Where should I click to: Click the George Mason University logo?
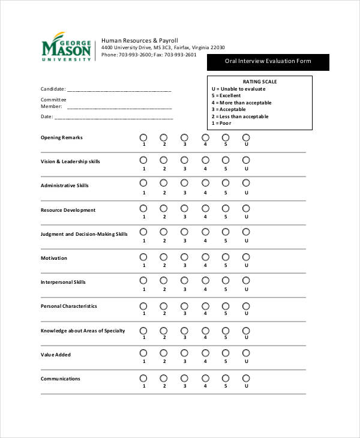tap(67, 47)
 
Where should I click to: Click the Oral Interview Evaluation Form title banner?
tap(268, 62)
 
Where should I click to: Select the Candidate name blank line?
tap(119, 90)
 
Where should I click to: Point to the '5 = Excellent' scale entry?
tap(226, 96)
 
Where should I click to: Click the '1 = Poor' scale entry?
tap(221, 124)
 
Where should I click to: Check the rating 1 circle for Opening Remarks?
tap(143, 137)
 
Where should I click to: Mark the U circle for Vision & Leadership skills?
tap(245, 160)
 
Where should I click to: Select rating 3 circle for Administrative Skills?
tap(184, 184)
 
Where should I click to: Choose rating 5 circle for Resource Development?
tap(226, 209)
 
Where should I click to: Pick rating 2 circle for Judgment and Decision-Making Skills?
tap(164, 232)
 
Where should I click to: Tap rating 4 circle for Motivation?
tap(205, 257)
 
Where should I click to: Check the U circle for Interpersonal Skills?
tap(245, 281)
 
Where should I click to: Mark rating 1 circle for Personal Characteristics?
tap(143, 305)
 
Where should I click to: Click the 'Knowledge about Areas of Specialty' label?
tap(83, 331)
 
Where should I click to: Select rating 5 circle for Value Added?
tap(226, 353)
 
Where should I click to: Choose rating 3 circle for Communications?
tap(184, 378)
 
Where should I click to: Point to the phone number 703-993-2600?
tap(136, 55)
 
